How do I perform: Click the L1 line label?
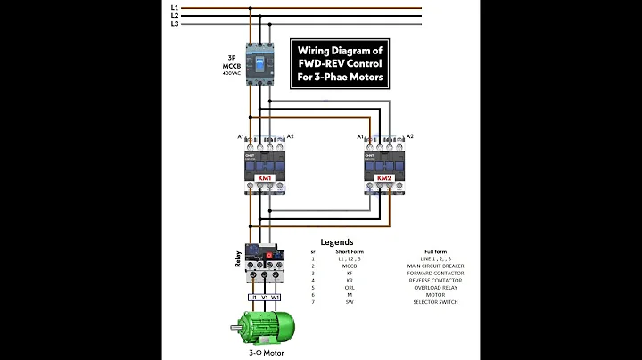pos(175,7)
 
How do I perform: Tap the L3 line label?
pos(175,24)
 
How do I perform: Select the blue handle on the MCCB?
pos(259,65)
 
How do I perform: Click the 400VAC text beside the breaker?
pos(230,73)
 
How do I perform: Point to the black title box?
pos(340,64)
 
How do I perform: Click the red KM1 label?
pos(265,177)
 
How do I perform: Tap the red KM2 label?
pos(384,178)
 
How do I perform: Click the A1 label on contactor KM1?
pos(241,136)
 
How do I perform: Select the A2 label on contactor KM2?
pos(409,136)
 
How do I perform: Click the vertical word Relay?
pos(237,259)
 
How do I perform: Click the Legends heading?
pos(338,241)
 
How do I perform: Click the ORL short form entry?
pos(350,287)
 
